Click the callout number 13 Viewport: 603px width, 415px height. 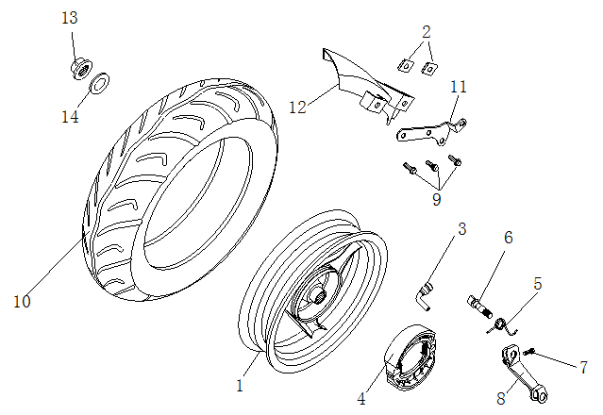70,19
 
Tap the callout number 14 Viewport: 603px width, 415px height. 70,117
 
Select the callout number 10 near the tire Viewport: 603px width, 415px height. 22,301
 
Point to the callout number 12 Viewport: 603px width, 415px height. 297,108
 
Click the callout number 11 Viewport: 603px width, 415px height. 459,87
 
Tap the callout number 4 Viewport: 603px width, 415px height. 361,399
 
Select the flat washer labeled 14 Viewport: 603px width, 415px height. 98,88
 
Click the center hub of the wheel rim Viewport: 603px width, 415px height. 312,301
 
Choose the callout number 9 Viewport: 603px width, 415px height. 437,199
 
